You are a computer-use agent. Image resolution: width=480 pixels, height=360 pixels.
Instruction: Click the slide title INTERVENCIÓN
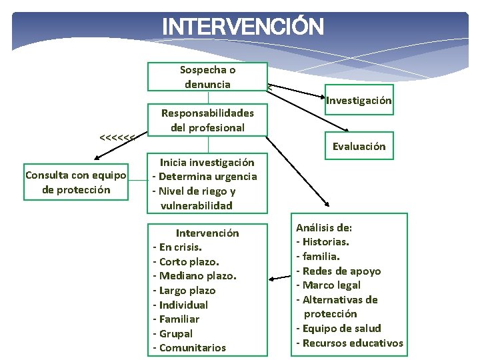point(243,27)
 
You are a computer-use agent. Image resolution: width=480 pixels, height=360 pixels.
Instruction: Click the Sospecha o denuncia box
point(207,77)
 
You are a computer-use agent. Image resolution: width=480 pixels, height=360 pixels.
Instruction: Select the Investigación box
point(359,101)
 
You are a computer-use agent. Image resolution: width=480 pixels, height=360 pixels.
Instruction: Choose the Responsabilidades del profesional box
point(207,120)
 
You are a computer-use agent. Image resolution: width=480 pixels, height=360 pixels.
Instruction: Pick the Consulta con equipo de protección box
point(76,182)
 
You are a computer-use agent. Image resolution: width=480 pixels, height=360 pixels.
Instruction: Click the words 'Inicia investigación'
point(207,162)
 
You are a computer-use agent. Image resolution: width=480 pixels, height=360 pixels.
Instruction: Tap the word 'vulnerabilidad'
point(197,205)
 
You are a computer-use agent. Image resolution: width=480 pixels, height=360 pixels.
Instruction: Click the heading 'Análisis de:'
point(324,227)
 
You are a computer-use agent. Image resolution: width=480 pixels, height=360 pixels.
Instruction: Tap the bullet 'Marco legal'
point(331,285)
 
